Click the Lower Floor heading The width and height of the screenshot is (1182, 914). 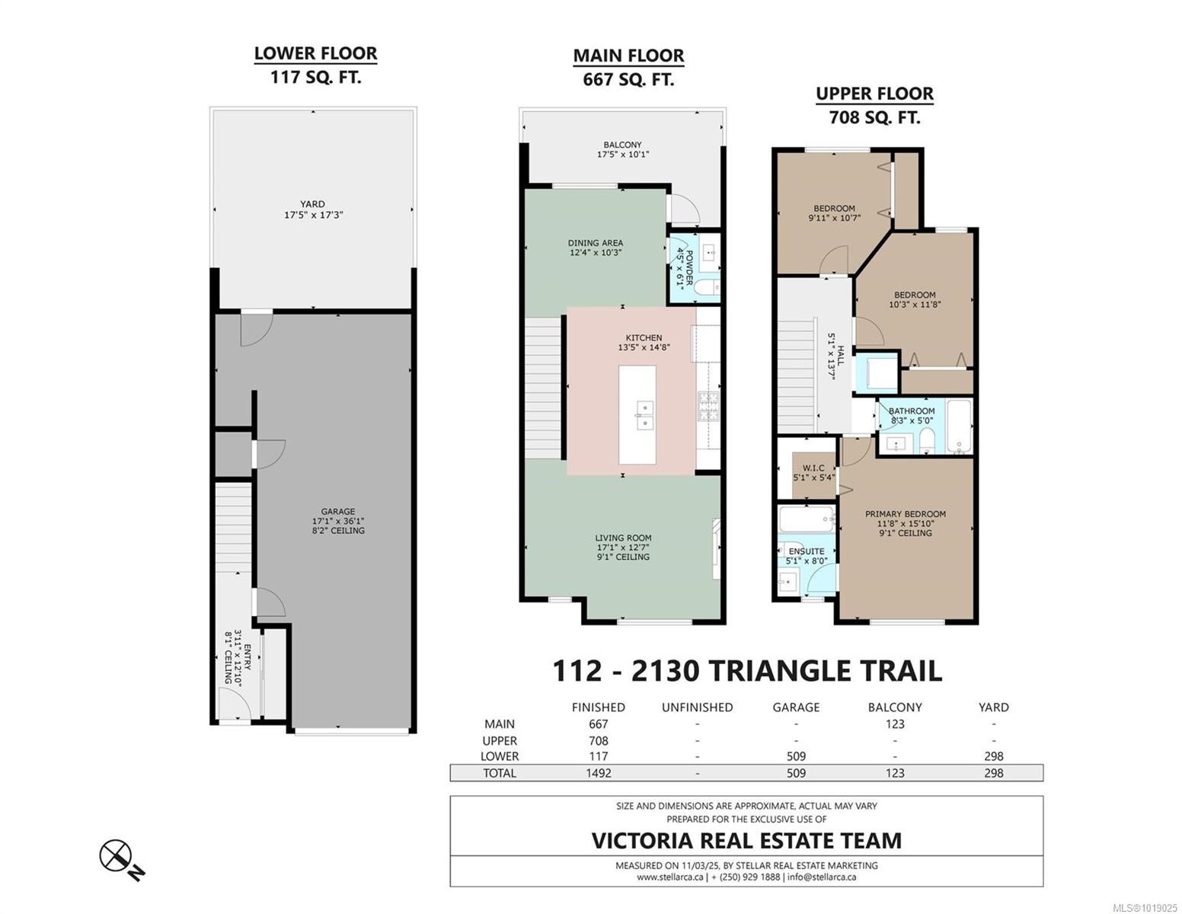[x=315, y=53]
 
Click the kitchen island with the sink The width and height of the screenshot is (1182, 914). [x=637, y=415]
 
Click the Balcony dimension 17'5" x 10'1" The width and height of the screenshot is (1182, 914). [x=623, y=155]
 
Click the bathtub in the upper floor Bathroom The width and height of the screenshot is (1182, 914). [x=959, y=427]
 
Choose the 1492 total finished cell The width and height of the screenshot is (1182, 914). [x=599, y=772]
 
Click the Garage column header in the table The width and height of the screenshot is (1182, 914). [x=796, y=708]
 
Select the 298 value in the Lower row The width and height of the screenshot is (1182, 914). [x=993, y=756]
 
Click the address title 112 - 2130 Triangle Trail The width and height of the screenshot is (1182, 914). [x=747, y=671]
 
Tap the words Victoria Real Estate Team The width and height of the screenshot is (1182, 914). [x=746, y=841]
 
